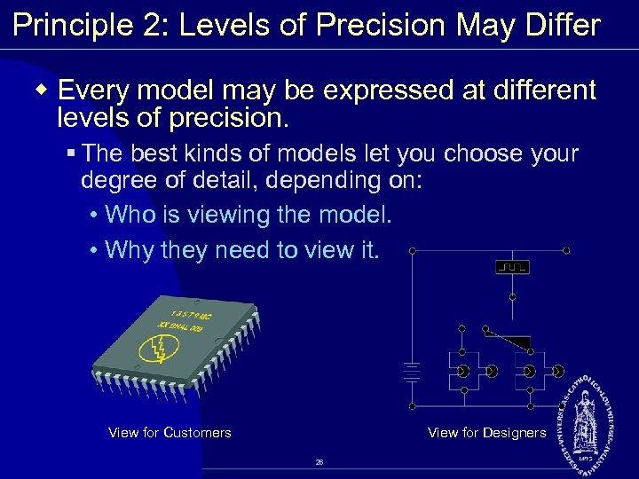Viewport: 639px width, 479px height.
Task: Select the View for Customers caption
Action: coord(170,433)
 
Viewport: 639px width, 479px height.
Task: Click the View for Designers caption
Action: coord(486,433)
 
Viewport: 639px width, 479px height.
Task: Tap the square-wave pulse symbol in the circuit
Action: coord(512,266)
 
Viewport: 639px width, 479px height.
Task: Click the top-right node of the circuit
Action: coord(566,250)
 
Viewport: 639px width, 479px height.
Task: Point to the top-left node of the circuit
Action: coord(412,250)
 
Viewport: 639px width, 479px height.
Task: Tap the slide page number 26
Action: coord(319,462)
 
